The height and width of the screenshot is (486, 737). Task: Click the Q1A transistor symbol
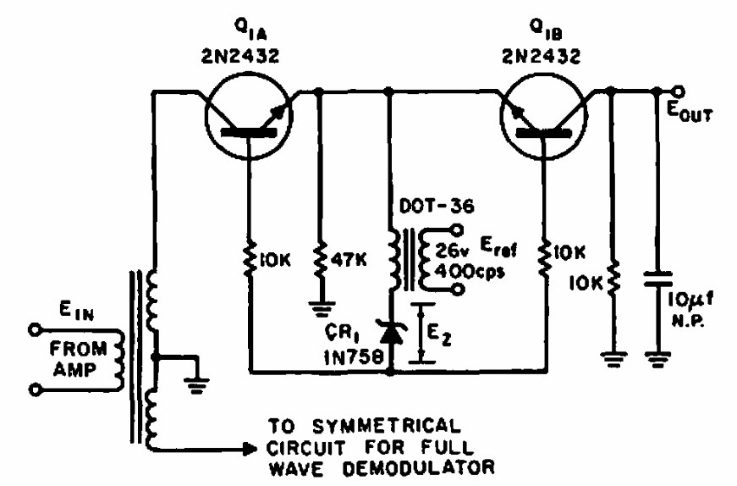[x=248, y=116]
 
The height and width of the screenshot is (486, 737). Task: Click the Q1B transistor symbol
[x=543, y=116]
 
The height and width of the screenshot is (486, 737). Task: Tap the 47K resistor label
[x=349, y=259]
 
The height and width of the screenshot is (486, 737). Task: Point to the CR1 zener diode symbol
[x=389, y=333]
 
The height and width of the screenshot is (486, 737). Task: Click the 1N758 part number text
[x=354, y=358]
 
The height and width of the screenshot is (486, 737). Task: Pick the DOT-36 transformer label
[x=437, y=206]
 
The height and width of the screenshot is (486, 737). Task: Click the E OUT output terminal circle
[x=679, y=91]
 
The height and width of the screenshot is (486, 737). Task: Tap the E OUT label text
[x=690, y=112]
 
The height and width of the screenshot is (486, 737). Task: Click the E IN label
[x=76, y=311]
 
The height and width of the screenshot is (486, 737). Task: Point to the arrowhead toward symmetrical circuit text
[x=250, y=449]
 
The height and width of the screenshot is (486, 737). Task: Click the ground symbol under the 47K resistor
[x=322, y=309]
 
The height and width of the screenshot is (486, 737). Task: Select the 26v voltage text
[x=451, y=251]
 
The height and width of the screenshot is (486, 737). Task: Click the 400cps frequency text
[x=470, y=272]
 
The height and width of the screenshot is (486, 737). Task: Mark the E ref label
[x=498, y=246]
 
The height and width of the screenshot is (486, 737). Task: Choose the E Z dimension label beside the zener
[x=439, y=334]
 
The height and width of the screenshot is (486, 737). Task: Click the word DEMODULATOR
[x=418, y=467]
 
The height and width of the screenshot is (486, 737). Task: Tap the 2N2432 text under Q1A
[x=240, y=57]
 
